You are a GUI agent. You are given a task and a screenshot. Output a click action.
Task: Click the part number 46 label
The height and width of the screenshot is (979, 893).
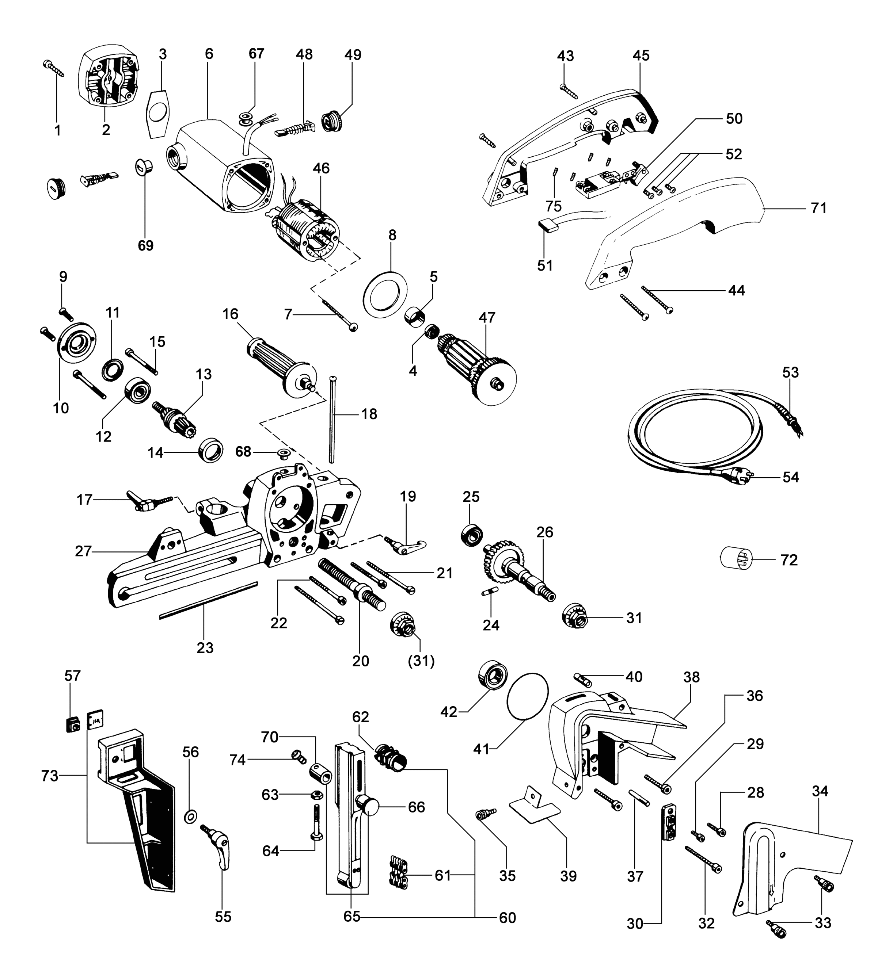click(321, 168)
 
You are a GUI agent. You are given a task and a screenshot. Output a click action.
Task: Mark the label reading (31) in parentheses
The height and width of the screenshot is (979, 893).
click(421, 661)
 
